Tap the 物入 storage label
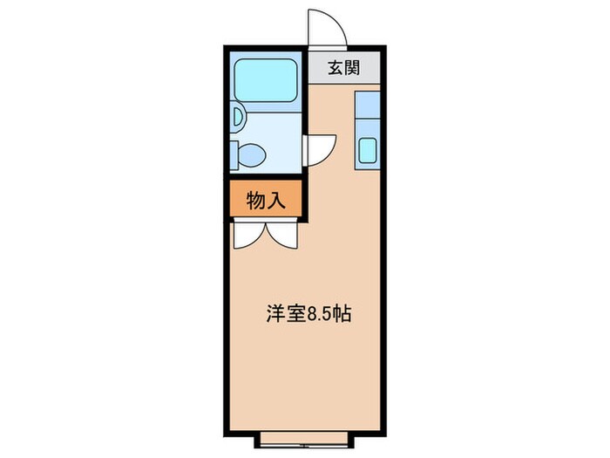266,202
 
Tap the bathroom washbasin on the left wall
236,116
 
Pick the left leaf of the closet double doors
250,233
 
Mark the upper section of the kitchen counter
367,110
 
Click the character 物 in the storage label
256,202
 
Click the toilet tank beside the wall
238,155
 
